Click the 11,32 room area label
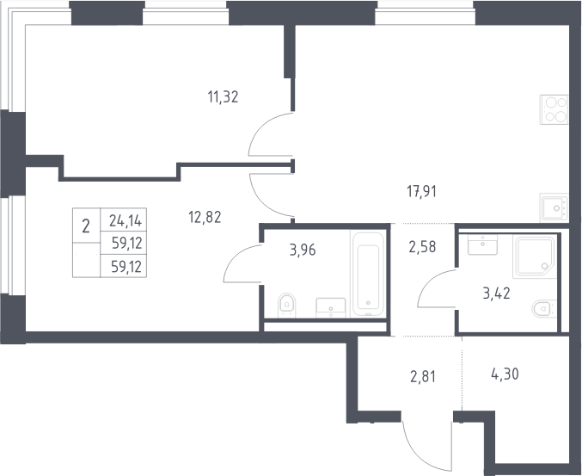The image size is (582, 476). pos(223,97)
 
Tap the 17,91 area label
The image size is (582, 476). pos(421,192)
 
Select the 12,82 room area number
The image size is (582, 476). pos(205,217)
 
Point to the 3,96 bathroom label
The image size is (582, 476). pos(303,250)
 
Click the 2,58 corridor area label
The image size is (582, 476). pos(422,247)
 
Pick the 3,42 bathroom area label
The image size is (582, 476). pos(496,294)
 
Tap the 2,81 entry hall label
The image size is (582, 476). pos(422,377)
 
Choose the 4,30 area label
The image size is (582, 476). pos(505,374)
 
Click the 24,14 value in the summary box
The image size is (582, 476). pos(126,221)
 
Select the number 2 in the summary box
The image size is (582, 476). pos(86,226)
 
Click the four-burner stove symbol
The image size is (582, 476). pos(554,109)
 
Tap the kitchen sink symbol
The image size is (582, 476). pos(554,207)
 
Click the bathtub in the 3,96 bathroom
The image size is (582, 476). pos(368,275)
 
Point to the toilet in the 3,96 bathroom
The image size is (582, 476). pos(286,306)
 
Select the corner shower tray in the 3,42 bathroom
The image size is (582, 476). pos(535,257)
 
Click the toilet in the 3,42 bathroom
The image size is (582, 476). pos(544,308)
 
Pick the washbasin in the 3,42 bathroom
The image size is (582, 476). pos(482,244)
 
